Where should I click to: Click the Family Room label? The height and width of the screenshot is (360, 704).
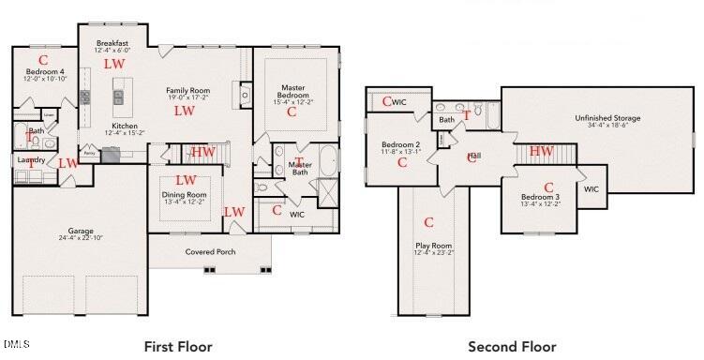[x=187, y=91]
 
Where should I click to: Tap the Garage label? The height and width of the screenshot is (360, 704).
[x=80, y=230]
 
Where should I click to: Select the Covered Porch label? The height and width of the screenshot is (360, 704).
[x=210, y=251]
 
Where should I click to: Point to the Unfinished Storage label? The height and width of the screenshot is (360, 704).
[x=607, y=118]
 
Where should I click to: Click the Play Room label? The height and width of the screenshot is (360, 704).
[x=433, y=247]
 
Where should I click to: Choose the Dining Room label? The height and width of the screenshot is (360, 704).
[x=185, y=194]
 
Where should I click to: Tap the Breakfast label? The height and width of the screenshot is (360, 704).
[x=113, y=43]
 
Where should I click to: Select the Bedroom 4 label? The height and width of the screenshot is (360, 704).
[x=44, y=72]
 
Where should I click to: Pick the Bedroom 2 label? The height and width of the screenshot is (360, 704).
[x=401, y=145]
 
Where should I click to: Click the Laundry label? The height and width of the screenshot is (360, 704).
[x=32, y=160]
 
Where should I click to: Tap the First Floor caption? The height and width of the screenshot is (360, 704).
[x=177, y=346]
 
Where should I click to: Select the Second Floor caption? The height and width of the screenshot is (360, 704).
[x=512, y=346]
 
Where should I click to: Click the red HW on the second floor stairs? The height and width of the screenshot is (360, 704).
[x=541, y=151]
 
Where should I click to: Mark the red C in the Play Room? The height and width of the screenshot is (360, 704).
[x=428, y=222]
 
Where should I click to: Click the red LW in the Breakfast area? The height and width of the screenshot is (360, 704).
[x=113, y=64]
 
